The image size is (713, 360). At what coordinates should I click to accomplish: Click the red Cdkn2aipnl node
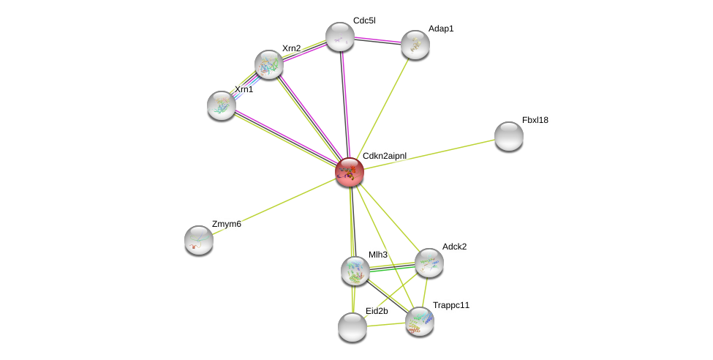(350, 172)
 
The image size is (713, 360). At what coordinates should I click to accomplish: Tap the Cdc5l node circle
(340, 37)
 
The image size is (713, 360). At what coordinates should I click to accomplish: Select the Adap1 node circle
(415, 45)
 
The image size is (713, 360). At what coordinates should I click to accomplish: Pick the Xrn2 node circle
(269, 64)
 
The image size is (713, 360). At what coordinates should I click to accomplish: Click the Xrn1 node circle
(222, 105)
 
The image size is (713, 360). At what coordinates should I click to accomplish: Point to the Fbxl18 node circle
(509, 136)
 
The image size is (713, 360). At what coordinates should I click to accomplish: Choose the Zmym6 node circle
(199, 240)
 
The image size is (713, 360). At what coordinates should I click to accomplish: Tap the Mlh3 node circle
(355, 271)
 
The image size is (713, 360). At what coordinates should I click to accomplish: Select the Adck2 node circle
(429, 263)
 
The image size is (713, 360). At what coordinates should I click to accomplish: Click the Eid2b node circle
(352, 327)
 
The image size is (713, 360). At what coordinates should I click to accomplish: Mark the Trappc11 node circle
(420, 321)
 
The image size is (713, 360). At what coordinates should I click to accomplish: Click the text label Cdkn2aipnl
(385, 156)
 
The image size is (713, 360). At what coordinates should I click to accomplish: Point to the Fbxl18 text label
(535, 120)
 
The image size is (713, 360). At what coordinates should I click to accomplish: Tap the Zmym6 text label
(227, 224)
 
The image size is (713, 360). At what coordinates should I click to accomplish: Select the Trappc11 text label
(451, 305)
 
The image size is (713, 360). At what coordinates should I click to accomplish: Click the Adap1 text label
(441, 29)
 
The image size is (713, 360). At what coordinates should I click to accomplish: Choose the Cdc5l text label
(364, 20)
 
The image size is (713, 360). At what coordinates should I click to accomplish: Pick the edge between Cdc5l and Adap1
(377, 40)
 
